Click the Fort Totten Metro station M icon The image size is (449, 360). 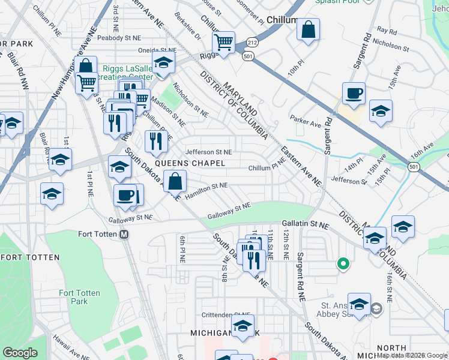tap(124, 235)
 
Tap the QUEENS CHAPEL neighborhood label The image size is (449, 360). tap(190, 163)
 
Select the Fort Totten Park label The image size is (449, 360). tap(74, 297)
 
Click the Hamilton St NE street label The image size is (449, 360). tap(206, 187)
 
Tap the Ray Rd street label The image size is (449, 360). tap(387, 30)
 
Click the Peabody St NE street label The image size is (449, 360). tap(119, 38)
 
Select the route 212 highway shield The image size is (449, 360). tap(251, 44)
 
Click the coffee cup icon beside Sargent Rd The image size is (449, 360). tap(354, 94)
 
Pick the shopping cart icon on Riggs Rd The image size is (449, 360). tap(223, 43)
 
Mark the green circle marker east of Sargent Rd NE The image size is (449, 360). tap(343, 263)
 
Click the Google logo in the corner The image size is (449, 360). tap(20, 353)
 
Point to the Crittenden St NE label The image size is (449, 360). tap(226, 315)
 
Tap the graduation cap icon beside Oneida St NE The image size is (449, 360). tap(163, 62)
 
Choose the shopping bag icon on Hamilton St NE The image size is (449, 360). tap(175, 181)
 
